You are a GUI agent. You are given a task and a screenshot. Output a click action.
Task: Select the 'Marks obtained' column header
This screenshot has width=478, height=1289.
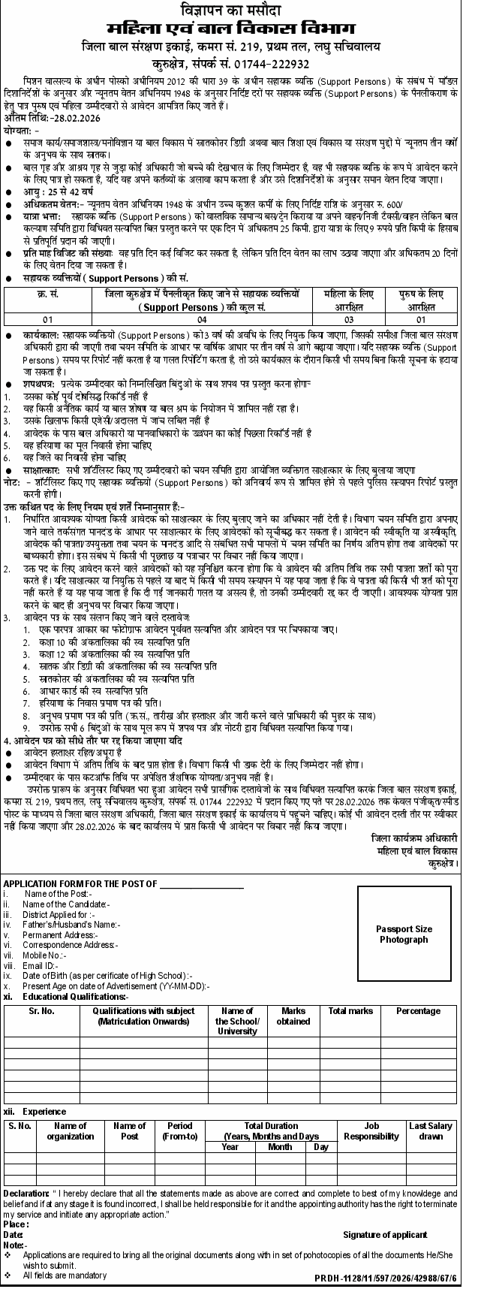(293, 1016)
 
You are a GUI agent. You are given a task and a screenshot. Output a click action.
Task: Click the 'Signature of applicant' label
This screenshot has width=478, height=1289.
(385, 1235)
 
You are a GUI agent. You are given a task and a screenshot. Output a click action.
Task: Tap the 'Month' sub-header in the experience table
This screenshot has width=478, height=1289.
(280, 1147)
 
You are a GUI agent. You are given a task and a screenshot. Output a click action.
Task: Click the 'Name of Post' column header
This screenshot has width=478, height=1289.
(129, 1131)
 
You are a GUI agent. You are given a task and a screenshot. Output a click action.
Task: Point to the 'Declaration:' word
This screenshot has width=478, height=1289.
(26, 1194)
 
